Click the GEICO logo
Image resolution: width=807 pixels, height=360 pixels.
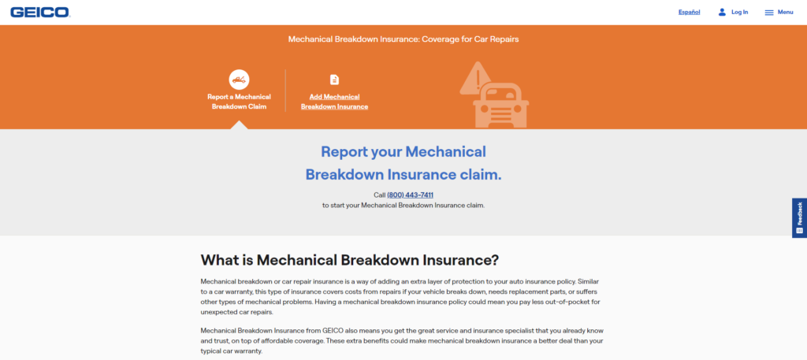[39, 12]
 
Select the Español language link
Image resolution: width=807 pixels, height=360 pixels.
[689, 12]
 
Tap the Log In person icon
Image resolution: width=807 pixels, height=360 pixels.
[722, 12]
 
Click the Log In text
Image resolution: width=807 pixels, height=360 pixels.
[739, 12]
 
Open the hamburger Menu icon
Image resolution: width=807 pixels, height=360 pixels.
[769, 13]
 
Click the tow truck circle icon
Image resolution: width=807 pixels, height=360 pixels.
[239, 79]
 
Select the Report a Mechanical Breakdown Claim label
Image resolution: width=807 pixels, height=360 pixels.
[239, 102]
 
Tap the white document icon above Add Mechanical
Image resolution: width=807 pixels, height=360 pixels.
[334, 80]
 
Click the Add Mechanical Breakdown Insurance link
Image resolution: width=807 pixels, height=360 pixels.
[334, 102]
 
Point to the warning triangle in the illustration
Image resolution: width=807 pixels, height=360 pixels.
[474, 80]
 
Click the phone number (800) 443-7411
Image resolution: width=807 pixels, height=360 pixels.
[410, 195]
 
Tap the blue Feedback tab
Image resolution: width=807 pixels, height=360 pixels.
[799, 217]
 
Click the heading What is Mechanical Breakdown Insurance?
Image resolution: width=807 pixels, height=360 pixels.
[350, 259]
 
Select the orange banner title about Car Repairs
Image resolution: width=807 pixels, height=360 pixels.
[403, 38]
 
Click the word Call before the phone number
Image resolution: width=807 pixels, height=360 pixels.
[379, 195]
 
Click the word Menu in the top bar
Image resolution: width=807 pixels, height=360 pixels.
[785, 12]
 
